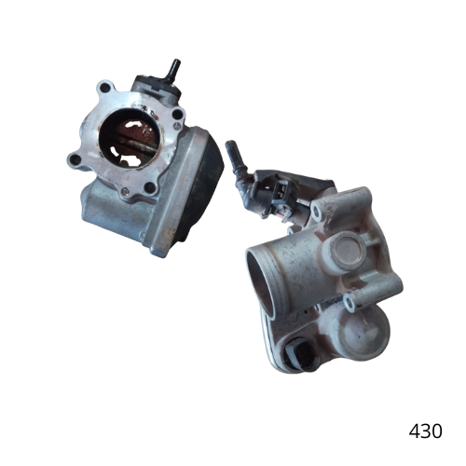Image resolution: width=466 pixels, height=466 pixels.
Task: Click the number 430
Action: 425,432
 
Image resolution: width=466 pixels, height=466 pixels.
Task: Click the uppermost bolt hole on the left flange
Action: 106,88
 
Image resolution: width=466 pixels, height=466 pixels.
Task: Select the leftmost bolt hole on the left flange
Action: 75,160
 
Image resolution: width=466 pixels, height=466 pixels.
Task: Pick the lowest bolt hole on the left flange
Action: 150,187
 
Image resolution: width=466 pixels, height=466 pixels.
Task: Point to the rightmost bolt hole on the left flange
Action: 177,114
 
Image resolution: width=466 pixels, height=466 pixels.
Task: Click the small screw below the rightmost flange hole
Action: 177,125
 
